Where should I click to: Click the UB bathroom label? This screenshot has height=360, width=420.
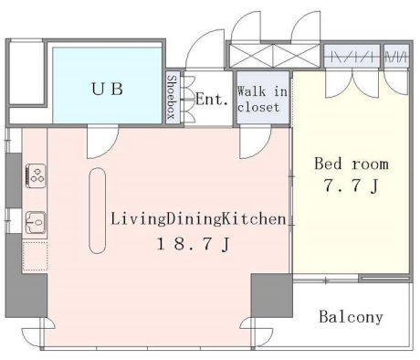coord(108,89)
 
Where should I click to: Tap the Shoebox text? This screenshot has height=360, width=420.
coord(172,97)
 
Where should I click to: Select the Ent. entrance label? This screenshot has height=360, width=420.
coord(212,100)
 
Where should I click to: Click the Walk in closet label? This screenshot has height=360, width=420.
coord(262,100)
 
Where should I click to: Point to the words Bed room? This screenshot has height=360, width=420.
coord(352,164)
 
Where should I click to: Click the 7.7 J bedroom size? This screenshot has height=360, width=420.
coord(352,185)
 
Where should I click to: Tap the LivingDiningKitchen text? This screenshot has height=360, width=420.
coord(198,219)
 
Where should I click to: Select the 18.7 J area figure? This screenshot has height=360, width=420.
coord(193,244)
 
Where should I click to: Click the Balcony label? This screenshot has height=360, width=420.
coord(351,317)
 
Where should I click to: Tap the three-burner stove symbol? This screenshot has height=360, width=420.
coord(36,176)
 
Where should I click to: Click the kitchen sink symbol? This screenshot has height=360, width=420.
coord(36,223)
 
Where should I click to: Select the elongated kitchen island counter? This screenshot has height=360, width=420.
coord(98,211)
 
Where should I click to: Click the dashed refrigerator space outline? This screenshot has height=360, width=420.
coord(35,256)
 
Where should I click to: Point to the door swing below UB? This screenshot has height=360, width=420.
coord(102,143)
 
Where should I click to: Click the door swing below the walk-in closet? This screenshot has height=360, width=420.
coord(256,143)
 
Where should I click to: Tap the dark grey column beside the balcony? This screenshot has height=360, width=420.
coord(271,296)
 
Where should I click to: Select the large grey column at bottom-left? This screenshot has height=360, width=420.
coord(26,296)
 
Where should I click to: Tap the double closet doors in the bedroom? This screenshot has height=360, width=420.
coord(352,84)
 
